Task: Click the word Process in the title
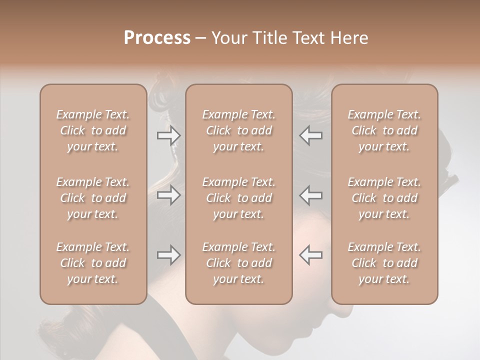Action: (x=157, y=38)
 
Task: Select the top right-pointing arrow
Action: (x=168, y=135)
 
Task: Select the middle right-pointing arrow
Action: (x=168, y=195)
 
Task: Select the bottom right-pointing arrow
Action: (x=168, y=255)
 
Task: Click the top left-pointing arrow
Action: (x=311, y=135)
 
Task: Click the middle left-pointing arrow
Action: (x=311, y=195)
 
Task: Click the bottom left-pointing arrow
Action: (x=311, y=255)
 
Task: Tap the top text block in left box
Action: (x=93, y=130)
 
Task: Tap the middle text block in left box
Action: (x=93, y=198)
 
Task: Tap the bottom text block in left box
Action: (x=93, y=263)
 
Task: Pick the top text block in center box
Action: (x=239, y=130)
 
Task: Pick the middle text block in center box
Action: (x=239, y=198)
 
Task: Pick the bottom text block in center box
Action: (x=239, y=263)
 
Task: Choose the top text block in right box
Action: (x=384, y=130)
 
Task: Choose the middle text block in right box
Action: (x=384, y=198)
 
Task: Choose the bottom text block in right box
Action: (x=384, y=263)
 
